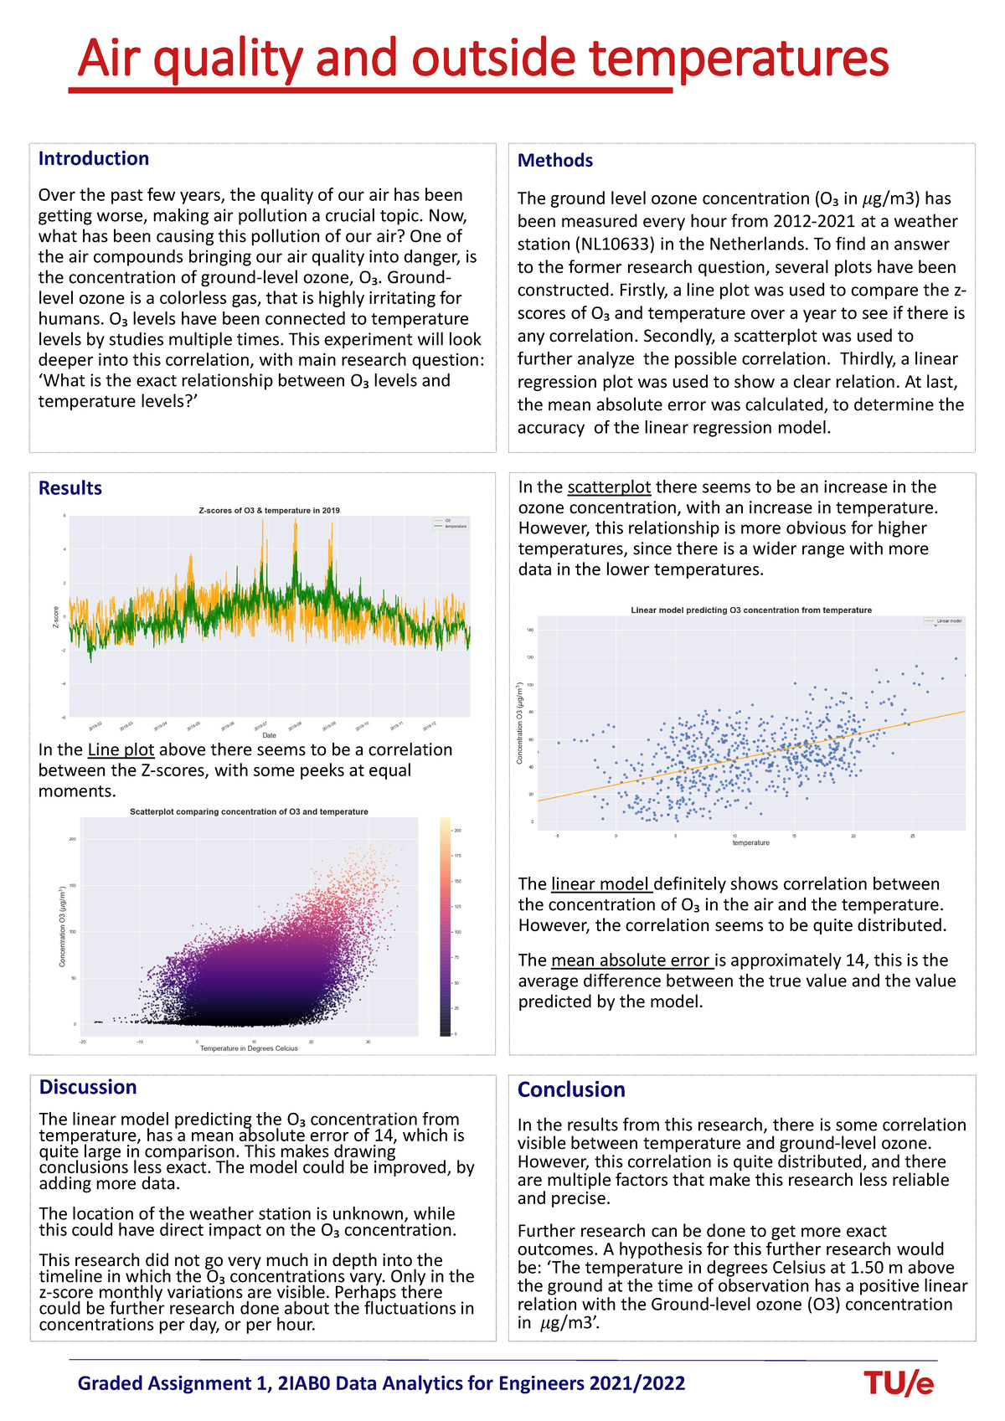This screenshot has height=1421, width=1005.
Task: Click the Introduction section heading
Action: pos(94,159)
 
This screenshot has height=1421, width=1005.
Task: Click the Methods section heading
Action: pos(555,161)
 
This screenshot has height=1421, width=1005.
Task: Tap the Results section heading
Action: pos(70,488)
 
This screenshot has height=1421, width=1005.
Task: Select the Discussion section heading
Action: pos(88,1087)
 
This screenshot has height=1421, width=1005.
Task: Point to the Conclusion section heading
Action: pos(571,1089)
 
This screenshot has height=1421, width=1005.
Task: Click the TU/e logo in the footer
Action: pos(899,1383)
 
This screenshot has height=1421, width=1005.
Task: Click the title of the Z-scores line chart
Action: pos(269,510)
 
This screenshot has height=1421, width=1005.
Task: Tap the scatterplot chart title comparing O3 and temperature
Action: pos(249,811)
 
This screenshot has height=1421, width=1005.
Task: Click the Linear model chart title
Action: pos(750,610)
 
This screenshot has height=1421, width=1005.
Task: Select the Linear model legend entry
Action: pos(943,621)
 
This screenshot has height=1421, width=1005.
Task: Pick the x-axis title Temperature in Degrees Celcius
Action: pos(249,1048)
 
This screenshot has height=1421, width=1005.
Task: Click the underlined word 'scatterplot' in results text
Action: pos(609,487)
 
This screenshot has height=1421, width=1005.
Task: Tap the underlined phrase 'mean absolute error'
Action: pos(631,960)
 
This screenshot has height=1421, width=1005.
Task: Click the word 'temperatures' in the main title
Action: pos(739,59)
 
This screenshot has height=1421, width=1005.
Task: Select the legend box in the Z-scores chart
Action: pos(451,523)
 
